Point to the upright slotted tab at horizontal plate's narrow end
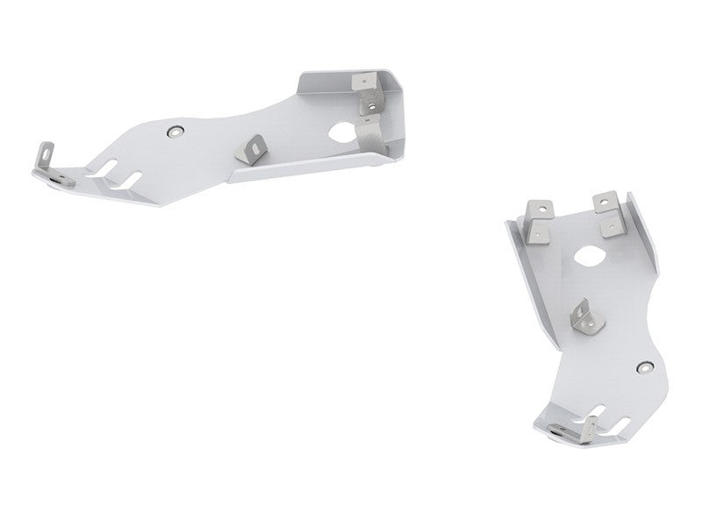pyautogui.click(x=42, y=155)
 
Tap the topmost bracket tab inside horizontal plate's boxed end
pyautogui.click(x=362, y=82)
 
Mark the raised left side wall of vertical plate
pyautogui.click(x=519, y=263)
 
